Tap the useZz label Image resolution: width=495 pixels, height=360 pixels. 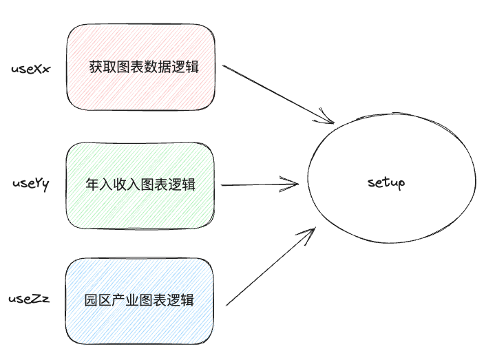coord(29,299)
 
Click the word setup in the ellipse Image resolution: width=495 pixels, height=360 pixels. coord(386,183)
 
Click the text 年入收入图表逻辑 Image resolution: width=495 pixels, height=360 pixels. coord(140,184)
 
